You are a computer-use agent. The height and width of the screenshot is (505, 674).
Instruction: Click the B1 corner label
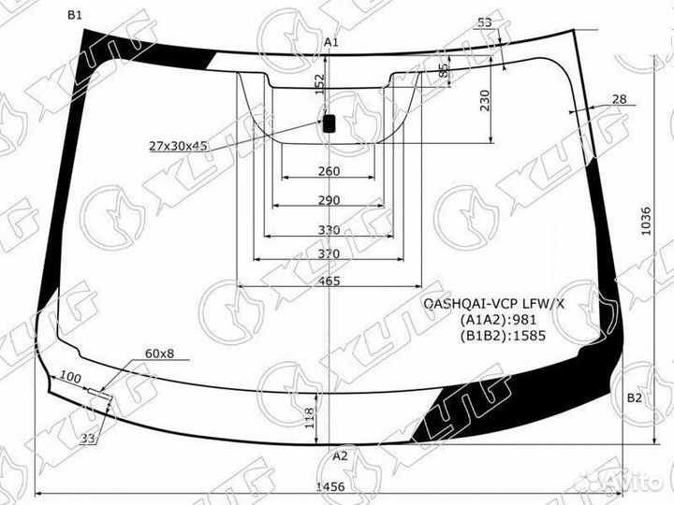pos(74,16)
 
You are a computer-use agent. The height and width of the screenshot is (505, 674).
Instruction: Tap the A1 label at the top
pos(331,42)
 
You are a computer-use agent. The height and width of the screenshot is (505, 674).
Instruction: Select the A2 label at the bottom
pos(340,456)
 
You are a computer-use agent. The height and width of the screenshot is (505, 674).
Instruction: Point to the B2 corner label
pos(634,398)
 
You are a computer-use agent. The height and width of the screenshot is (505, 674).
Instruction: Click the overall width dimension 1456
pos(330,486)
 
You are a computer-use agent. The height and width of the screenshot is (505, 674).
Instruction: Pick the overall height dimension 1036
pos(646,222)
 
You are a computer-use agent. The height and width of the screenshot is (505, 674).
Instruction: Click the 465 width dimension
pos(329,281)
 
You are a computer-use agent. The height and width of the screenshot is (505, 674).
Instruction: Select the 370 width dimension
pos(329,253)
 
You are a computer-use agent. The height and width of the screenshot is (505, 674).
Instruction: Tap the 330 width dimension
pos(329,230)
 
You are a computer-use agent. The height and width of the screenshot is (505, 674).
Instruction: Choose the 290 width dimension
pos(329,200)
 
